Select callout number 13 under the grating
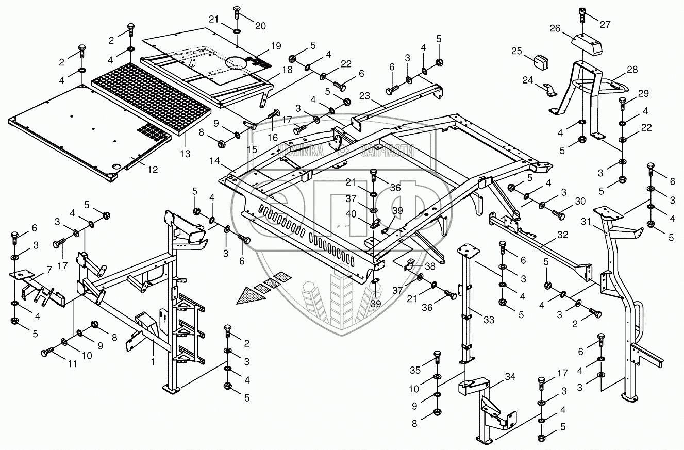tap(185, 154)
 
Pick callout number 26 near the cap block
tap(554, 29)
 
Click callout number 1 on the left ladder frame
tap(152, 362)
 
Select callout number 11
tap(73, 363)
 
